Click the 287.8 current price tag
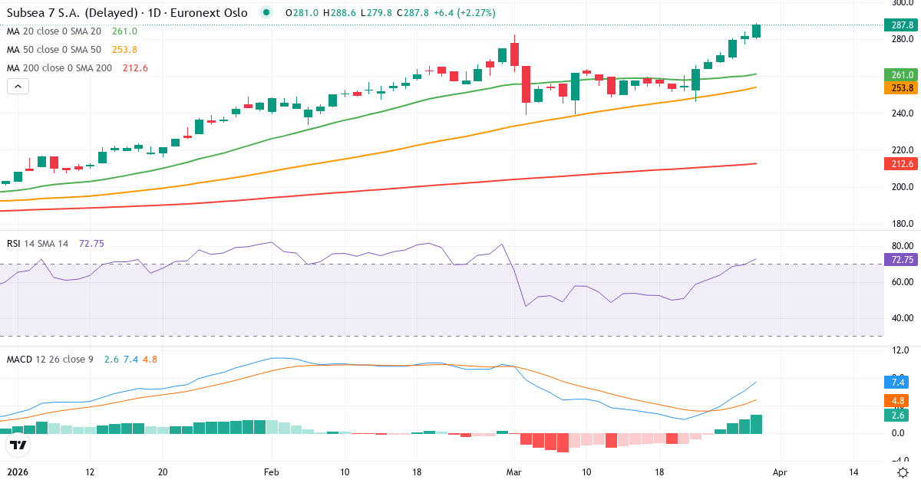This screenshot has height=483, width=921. [x=902, y=25]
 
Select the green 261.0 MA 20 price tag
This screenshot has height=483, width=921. [x=902, y=75]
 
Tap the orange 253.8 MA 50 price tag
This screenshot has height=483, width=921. [x=902, y=88]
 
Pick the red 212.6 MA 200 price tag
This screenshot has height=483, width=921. [x=902, y=164]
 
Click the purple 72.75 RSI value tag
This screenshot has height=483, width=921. [x=902, y=260]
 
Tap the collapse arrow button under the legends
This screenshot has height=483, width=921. [x=18, y=86]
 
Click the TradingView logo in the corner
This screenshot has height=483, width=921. [x=18, y=445]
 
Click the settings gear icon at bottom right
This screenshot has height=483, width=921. [x=904, y=472]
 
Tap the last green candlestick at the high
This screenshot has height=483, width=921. [x=757, y=31]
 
